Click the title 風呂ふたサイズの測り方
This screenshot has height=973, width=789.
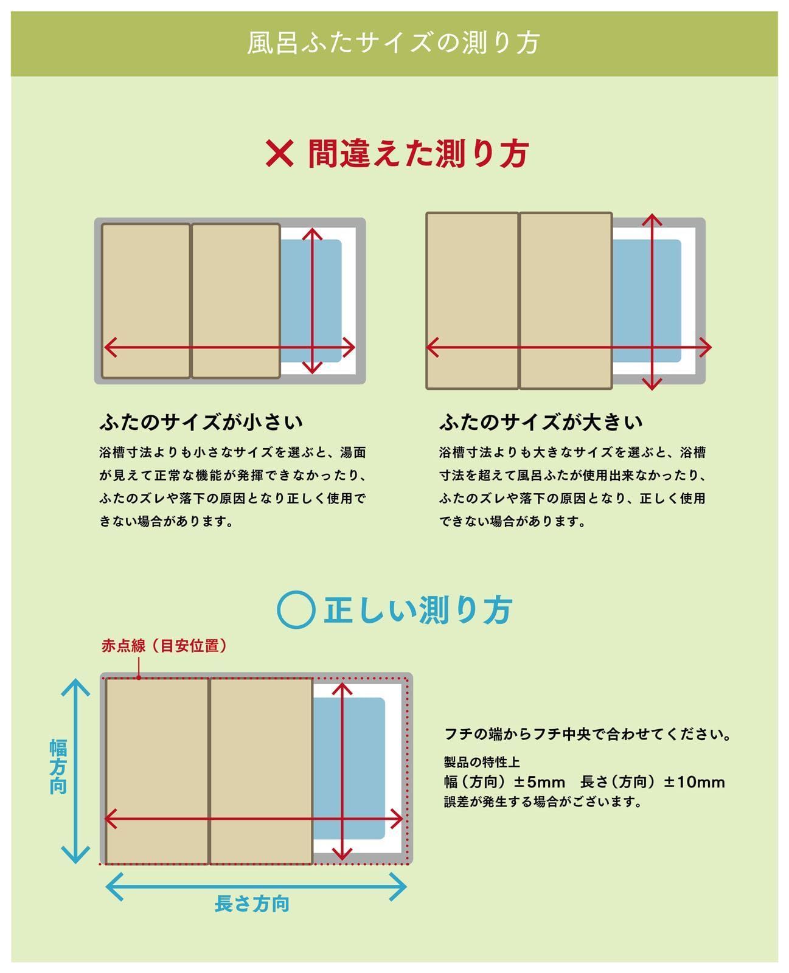click(x=394, y=43)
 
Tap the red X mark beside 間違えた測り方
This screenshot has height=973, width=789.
click(x=279, y=153)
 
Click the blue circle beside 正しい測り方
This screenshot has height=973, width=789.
click(x=296, y=610)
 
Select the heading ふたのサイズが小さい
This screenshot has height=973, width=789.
click(x=201, y=422)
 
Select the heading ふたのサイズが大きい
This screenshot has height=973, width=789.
click(x=541, y=422)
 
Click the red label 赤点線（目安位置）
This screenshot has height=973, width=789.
click(x=164, y=646)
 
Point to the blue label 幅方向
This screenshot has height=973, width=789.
click(x=58, y=767)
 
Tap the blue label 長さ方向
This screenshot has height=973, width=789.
click(x=252, y=904)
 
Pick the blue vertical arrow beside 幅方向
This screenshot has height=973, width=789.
click(x=76, y=771)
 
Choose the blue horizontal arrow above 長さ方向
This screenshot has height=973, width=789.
click(x=256, y=887)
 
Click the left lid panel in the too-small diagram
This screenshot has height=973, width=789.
click(x=146, y=286)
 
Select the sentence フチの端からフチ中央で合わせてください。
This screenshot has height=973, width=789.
click(x=588, y=734)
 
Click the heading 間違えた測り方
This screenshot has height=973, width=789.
click(x=418, y=153)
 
